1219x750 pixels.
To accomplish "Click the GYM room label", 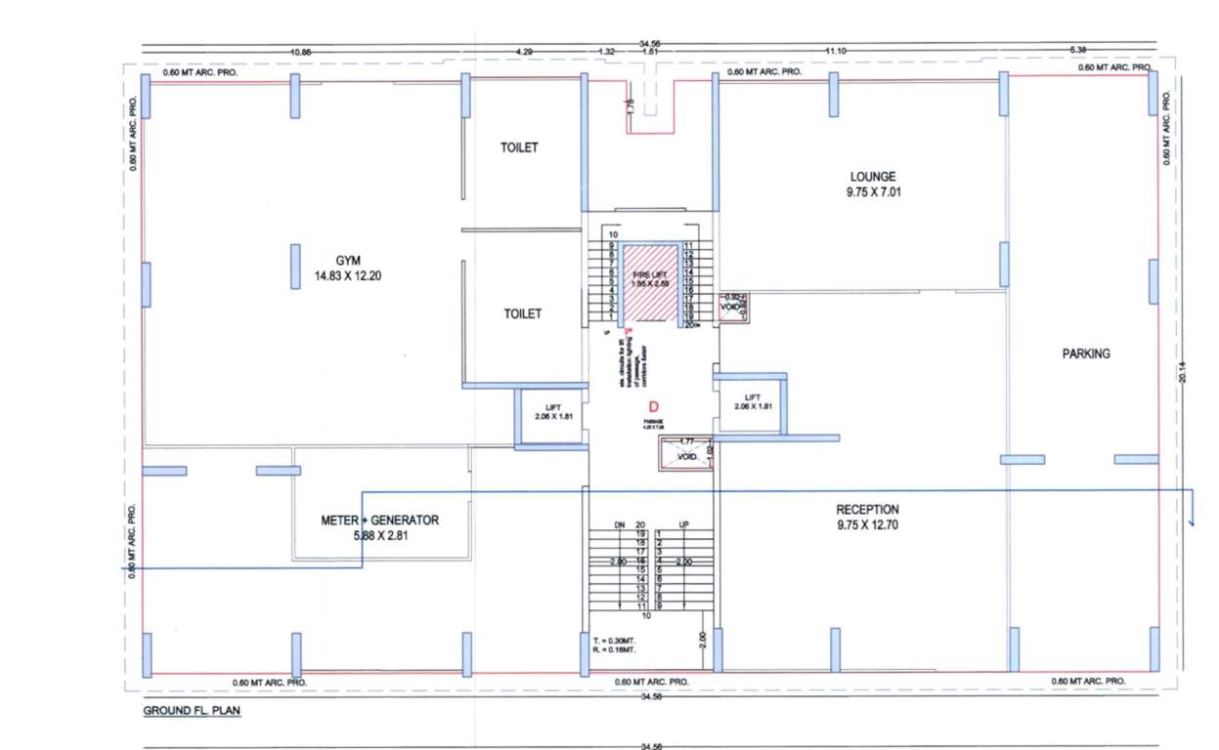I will pos(349,261).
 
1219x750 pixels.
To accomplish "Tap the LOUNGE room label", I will pos(873,177).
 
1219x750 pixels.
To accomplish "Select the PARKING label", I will pos(1086,354).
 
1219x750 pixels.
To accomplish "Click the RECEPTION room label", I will pos(867,510).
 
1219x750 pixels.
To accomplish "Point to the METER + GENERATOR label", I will pos(380,521).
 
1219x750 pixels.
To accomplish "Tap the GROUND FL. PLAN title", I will pos(186,711).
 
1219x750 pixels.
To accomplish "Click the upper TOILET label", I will pos(520,148).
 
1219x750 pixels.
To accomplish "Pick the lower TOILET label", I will pos(522,314).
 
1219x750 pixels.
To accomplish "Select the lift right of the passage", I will pos(751,401).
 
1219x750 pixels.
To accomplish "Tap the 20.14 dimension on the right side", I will pos(1183,370).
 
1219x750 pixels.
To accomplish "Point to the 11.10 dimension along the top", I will pos(834,50).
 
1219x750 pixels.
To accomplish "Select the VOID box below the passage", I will pos(686,454).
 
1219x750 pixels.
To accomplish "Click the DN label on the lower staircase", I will pos(619,525).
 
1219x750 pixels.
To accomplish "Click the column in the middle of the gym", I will pos(295,266).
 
